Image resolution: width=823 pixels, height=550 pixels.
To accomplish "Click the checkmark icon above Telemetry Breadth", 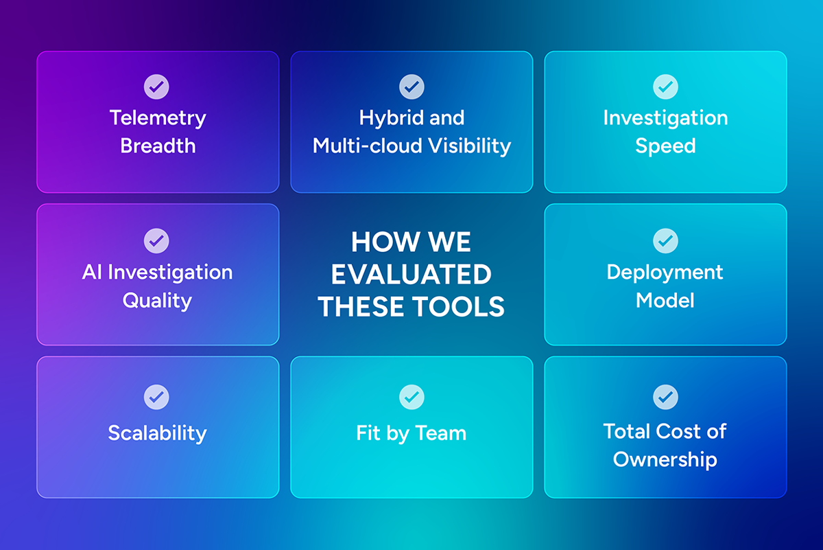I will pyautogui.click(x=156, y=87).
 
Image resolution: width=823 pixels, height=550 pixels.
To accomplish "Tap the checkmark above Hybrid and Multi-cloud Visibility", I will pyautogui.click(x=411, y=87).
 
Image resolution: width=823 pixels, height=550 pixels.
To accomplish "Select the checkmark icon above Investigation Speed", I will pyautogui.click(x=665, y=87).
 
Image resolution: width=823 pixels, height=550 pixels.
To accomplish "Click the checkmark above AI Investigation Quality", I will pyautogui.click(x=156, y=240).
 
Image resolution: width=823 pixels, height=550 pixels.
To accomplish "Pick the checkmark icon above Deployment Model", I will pyautogui.click(x=665, y=240).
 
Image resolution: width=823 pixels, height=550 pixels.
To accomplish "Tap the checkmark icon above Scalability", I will pyautogui.click(x=156, y=396).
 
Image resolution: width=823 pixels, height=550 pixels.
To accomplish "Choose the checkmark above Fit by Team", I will pyautogui.click(x=411, y=396).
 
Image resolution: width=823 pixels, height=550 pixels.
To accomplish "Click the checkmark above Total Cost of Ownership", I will pyautogui.click(x=665, y=396).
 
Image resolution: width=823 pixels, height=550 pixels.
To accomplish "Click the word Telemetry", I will pyautogui.click(x=158, y=117).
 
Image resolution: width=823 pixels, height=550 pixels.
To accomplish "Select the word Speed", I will pyautogui.click(x=665, y=146).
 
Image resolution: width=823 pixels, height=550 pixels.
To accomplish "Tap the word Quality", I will pyautogui.click(x=157, y=300).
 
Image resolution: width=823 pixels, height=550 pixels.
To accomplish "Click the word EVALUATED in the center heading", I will pyautogui.click(x=411, y=275).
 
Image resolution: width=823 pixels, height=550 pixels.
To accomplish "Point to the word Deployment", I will pyautogui.click(x=665, y=272).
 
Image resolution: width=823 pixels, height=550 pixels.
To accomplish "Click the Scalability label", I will pyautogui.click(x=157, y=433).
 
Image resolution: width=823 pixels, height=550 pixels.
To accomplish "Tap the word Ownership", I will pyautogui.click(x=665, y=459).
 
